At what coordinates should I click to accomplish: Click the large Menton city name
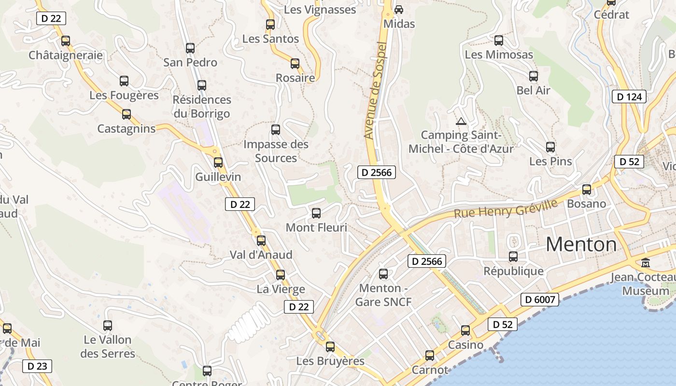tap(581, 245)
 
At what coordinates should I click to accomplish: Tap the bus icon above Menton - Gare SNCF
tap(383, 274)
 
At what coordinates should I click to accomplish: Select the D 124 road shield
tap(630, 96)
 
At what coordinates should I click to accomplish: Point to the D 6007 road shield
tap(540, 300)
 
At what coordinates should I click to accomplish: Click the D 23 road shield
tap(37, 366)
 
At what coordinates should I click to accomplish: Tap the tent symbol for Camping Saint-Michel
tap(461, 121)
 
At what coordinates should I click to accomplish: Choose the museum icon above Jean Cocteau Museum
tap(646, 263)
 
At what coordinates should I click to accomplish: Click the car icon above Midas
tap(399, 9)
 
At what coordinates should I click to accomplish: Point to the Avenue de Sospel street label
tap(376, 91)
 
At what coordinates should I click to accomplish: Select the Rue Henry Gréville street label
tap(506, 208)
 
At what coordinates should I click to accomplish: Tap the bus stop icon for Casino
tap(465, 331)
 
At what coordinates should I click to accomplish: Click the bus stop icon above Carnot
tap(430, 356)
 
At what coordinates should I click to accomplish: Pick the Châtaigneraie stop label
tap(66, 55)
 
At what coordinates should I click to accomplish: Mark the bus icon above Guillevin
tap(218, 163)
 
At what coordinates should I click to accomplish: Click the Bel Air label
tap(533, 90)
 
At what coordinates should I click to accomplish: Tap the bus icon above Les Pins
tap(550, 147)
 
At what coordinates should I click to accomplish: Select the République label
tap(513, 271)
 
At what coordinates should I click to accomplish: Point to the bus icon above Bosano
tap(587, 190)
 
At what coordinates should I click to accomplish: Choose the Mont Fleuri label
tap(316, 227)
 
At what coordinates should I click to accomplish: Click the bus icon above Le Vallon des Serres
tap(108, 326)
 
